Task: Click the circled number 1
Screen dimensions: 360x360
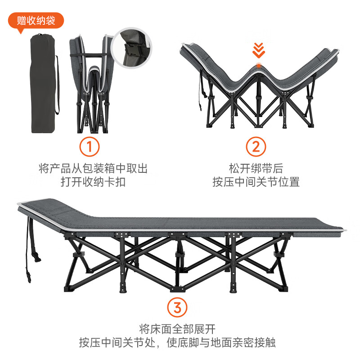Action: click(x=90, y=147)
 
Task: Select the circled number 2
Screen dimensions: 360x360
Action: click(x=256, y=147)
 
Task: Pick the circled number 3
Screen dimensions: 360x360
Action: click(x=177, y=308)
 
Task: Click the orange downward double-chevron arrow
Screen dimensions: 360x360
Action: click(x=258, y=50)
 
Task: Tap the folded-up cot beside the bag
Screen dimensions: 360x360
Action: click(x=90, y=85)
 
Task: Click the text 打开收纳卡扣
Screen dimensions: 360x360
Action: click(x=93, y=182)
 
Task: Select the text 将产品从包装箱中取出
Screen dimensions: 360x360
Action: click(x=93, y=168)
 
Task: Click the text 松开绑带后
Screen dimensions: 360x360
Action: click(x=256, y=168)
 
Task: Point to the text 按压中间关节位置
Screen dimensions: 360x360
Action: click(x=256, y=182)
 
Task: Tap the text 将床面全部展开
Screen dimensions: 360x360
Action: click(x=177, y=328)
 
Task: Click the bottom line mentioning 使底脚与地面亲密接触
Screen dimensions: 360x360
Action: click(x=177, y=342)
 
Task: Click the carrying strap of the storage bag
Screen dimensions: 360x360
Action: click(x=57, y=85)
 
